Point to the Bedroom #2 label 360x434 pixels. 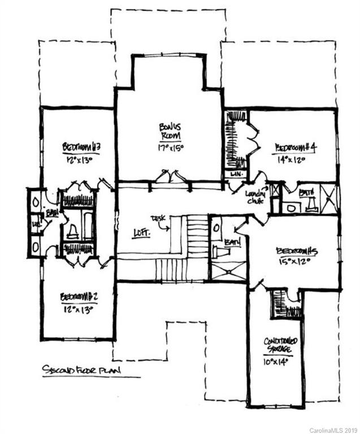[x=79, y=297]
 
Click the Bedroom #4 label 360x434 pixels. [x=295, y=147]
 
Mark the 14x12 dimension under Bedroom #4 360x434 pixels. [x=291, y=159]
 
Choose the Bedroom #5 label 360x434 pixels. [x=297, y=251]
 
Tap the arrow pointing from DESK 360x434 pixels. [x=164, y=227]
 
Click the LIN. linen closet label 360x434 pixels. [x=236, y=175]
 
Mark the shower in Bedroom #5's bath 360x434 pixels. [x=228, y=270]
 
